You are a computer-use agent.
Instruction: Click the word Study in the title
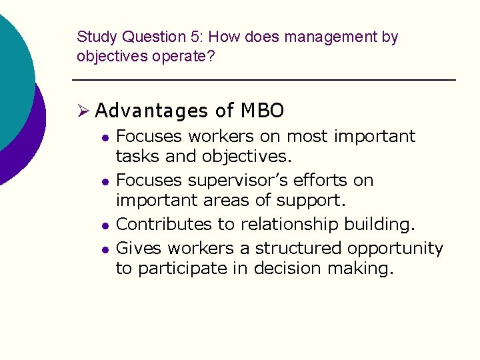pos(93,38)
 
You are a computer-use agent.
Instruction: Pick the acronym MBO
pos(262,110)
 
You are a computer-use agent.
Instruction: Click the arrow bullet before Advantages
pos(83,110)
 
